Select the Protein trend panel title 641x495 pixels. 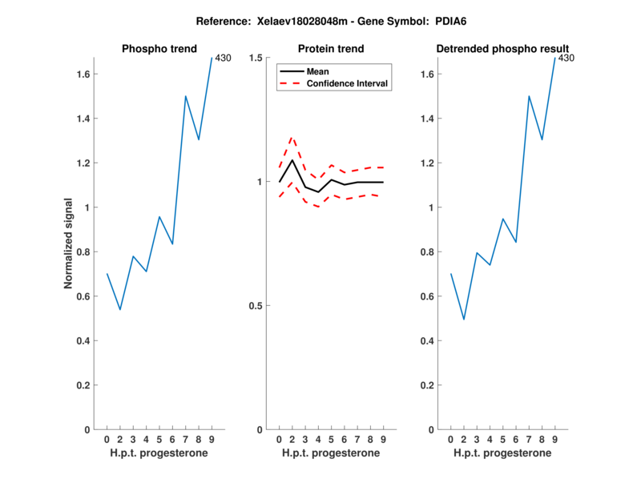pyautogui.click(x=330, y=49)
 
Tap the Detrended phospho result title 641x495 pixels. pyautogui.click(x=503, y=49)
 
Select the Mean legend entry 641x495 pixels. pyautogui.click(x=317, y=71)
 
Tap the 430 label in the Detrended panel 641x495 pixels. pyautogui.click(x=566, y=58)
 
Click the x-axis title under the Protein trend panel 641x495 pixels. pyautogui.click(x=331, y=453)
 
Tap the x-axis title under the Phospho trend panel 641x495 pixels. pyautogui.click(x=159, y=453)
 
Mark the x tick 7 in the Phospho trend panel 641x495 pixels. pyautogui.click(x=185, y=439)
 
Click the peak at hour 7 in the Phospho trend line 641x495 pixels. pyautogui.click(x=185, y=96)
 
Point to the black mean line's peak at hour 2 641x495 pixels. pyautogui.click(x=292, y=159)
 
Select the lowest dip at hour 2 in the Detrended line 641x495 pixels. pyautogui.click(x=464, y=320)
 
